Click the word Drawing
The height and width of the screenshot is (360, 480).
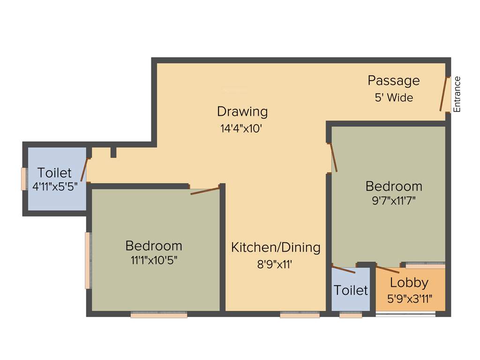pyautogui.click(x=242, y=112)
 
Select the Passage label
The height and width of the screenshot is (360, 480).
pyautogui.click(x=393, y=81)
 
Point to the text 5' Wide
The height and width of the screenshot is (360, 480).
pyautogui.click(x=394, y=97)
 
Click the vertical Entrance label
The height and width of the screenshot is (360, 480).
pyautogui.click(x=457, y=94)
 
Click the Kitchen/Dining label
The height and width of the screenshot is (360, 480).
pyautogui.click(x=276, y=247)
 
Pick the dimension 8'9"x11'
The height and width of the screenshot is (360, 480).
pyautogui.click(x=275, y=264)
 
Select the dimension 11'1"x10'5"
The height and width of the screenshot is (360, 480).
pyautogui.click(x=154, y=260)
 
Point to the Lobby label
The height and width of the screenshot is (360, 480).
pyautogui.click(x=409, y=283)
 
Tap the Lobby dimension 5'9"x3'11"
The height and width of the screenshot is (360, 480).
pyautogui.click(x=410, y=299)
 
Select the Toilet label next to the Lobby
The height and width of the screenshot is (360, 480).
pyautogui.click(x=351, y=290)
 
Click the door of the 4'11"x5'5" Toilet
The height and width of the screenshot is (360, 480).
pyautogui.click(x=85, y=170)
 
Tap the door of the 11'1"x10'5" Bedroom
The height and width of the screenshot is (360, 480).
pyautogui.click(x=205, y=191)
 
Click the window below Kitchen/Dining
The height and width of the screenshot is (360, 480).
pyautogui.click(x=300, y=315)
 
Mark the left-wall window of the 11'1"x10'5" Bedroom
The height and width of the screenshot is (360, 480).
pyautogui.click(x=87, y=260)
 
